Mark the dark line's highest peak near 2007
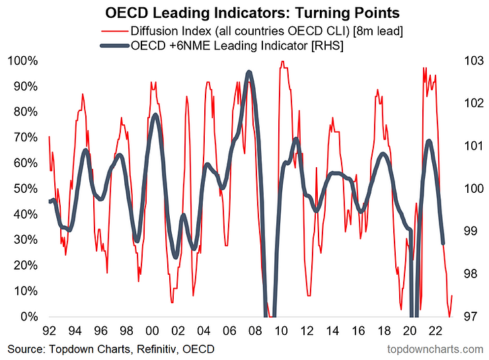(248, 72)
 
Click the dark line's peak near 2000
(155, 115)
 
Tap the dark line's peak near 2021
(430, 141)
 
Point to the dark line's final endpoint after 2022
(443, 244)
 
